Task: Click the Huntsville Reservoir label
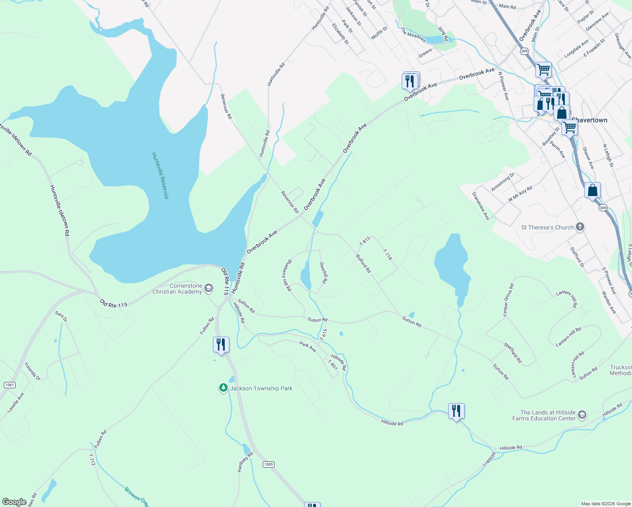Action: click(x=160, y=175)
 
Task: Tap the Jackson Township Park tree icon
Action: click(x=223, y=388)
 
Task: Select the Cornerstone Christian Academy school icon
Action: click(x=208, y=289)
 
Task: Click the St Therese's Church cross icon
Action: click(x=580, y=227)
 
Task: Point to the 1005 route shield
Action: click(x=269, y=464)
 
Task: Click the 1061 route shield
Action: click(x=9, y=385)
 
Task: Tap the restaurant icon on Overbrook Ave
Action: click(x=410, y=81)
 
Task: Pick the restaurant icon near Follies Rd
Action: click(x=221, y=345)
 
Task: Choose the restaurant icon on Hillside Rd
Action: click(x=456, y=411)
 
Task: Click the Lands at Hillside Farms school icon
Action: click(x=582, y=415)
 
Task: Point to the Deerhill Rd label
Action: click(x=324, y=273)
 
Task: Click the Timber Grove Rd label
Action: click(x=508, y=300)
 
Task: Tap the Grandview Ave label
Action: click(x=481, y=206)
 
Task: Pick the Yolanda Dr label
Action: click(x=33, y=371)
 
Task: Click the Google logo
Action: click(x=14, y=502)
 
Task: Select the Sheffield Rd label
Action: click(x=513, y=353)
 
